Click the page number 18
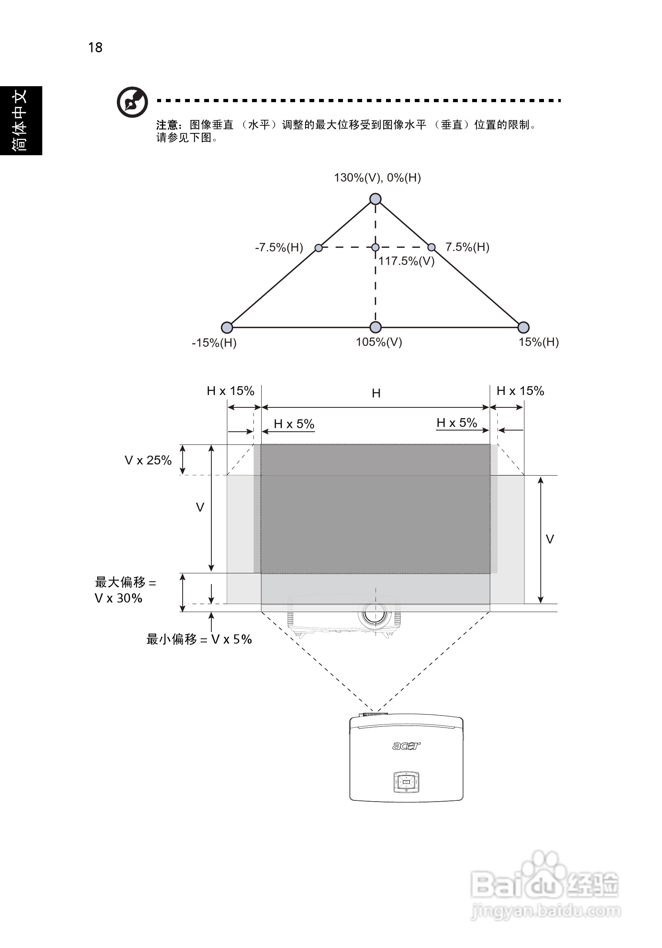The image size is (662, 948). coord(95,47)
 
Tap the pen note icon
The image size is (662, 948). coord(132,102)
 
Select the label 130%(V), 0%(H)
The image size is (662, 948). coord(377,178)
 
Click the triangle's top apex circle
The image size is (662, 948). coord(375,199)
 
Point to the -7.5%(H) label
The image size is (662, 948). coord(279,247)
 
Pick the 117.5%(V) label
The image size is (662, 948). coord(406,261)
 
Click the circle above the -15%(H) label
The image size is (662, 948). coord(227,328)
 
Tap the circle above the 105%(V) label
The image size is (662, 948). coord(375,328)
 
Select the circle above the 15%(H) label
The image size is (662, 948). coord(523,328)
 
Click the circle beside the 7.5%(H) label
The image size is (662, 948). coord(431,247)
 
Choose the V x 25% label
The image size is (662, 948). coord(148,460)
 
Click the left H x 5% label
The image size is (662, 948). coord(294,424)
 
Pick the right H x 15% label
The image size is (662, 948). coord(520,391)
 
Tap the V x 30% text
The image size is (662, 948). coord(118,598)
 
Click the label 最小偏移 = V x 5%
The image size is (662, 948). coord(199,639)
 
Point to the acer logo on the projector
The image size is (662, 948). coord(406,746)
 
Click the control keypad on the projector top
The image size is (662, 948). coord(406,782)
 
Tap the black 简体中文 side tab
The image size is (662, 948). coord(21,120)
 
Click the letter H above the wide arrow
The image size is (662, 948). coord(376,393)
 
